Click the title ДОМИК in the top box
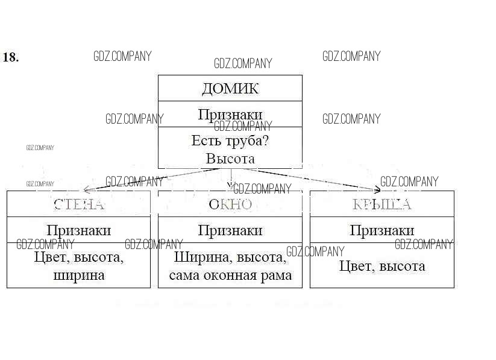pos(230,89)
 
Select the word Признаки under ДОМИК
pos(230,115)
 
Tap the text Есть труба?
pos(230,141)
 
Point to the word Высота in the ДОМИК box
pos(230,159)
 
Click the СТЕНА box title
pos(79,204)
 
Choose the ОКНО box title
pos(230,204)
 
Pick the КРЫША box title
pos(382,204)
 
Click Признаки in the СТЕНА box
pos(79,230)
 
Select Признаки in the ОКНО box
pos(230,230)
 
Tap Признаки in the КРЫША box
pos(382,230)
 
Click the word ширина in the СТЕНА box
pos(79,276)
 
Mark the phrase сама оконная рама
pos(230,276)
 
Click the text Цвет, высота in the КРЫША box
pos(382,266)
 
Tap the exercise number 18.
pos(11,57)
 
